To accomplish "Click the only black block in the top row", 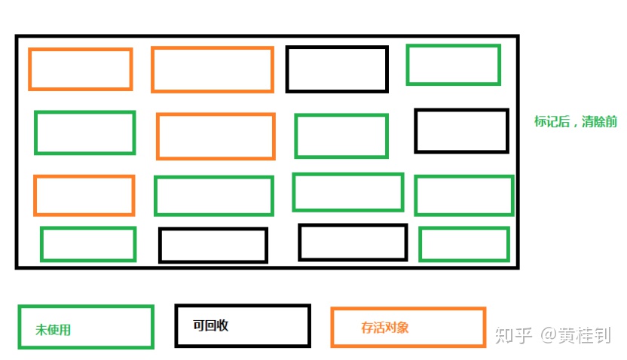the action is pos(337,69).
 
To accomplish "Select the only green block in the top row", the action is pos(453,65).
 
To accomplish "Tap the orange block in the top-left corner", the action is pos(81,69).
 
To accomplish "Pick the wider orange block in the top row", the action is pos(212,69).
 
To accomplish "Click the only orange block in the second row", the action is pos(216,136).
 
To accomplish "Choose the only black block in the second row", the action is pos(461,130).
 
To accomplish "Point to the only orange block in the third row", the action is pos(84,195).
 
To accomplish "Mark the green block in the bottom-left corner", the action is pos(88,244).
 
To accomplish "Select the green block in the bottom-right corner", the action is pos(464,244).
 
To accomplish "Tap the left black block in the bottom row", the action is pos(213,246).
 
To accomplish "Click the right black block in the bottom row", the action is pos(352,242).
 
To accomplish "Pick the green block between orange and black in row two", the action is pos(341,136).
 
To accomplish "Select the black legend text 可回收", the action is pos(210,326).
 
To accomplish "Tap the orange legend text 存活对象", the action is pos(384,328).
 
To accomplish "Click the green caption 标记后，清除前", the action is pos(575,122).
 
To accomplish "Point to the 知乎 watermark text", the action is pos(512,335).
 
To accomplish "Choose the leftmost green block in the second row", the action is pos(84,133).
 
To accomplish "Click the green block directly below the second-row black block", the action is pos(463,195).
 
